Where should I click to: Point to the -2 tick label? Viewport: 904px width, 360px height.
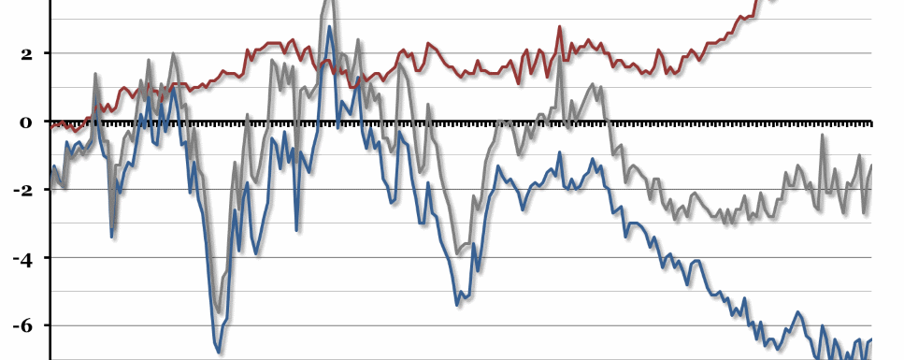tap(22, 190)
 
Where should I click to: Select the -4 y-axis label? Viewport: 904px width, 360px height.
tap(22, 258)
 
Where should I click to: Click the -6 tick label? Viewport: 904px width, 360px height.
tap(22, 325)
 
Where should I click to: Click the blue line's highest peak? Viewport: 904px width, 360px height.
tap(329, 26)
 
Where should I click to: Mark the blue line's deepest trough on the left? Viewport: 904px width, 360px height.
tap(219, 353)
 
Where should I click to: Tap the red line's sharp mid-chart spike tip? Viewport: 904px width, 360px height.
tap(560, 27)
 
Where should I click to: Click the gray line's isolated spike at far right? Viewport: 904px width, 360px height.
tap(823, 135)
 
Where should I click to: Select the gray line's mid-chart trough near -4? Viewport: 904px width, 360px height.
tap(457, 253)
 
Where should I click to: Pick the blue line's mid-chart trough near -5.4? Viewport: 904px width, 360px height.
tap(457, 305)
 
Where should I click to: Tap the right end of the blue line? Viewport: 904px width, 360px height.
tap(871, 339)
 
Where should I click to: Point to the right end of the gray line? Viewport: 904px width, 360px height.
tap(871, 166)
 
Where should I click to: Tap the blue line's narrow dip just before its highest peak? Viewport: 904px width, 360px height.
tap(296, 229)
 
